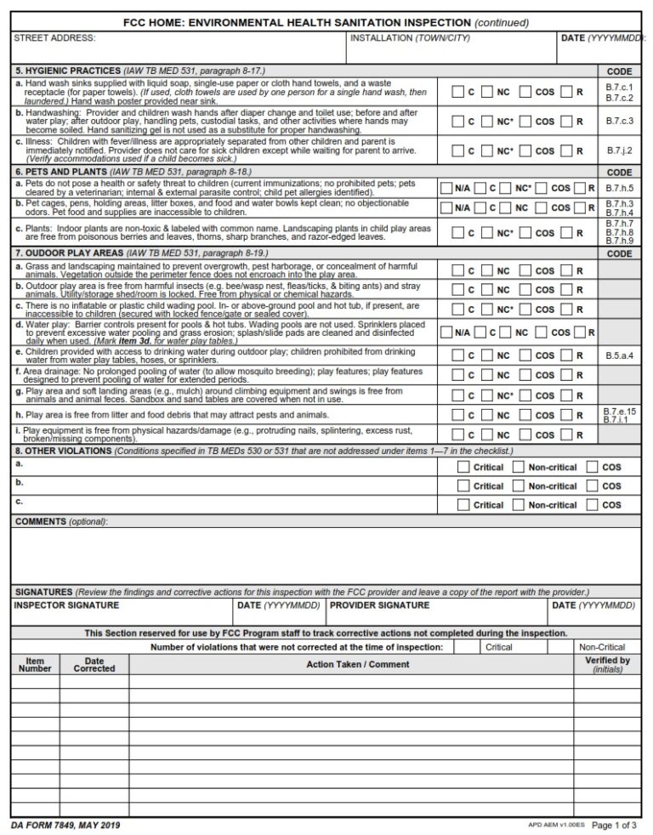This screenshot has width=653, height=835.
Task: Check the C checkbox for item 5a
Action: pos(457,92)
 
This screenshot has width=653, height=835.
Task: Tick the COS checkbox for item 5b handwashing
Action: pos(525,122)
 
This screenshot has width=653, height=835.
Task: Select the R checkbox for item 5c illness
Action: pos(566,151)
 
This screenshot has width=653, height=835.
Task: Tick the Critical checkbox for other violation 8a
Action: pos(462,467)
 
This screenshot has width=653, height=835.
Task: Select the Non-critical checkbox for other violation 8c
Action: pos(519,505)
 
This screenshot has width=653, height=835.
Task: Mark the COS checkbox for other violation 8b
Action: pos(591,486)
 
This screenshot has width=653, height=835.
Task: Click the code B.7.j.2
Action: pos(619,151)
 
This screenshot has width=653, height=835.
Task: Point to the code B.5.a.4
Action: pos(619,355)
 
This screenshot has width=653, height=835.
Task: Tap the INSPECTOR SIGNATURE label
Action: pos(66,605)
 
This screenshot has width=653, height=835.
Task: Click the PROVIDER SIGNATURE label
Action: pos(379,605)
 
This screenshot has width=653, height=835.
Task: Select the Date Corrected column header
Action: pos(94,664)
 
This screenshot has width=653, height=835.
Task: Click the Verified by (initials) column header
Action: pos(607,664)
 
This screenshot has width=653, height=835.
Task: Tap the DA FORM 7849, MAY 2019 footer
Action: pos(66,826)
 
